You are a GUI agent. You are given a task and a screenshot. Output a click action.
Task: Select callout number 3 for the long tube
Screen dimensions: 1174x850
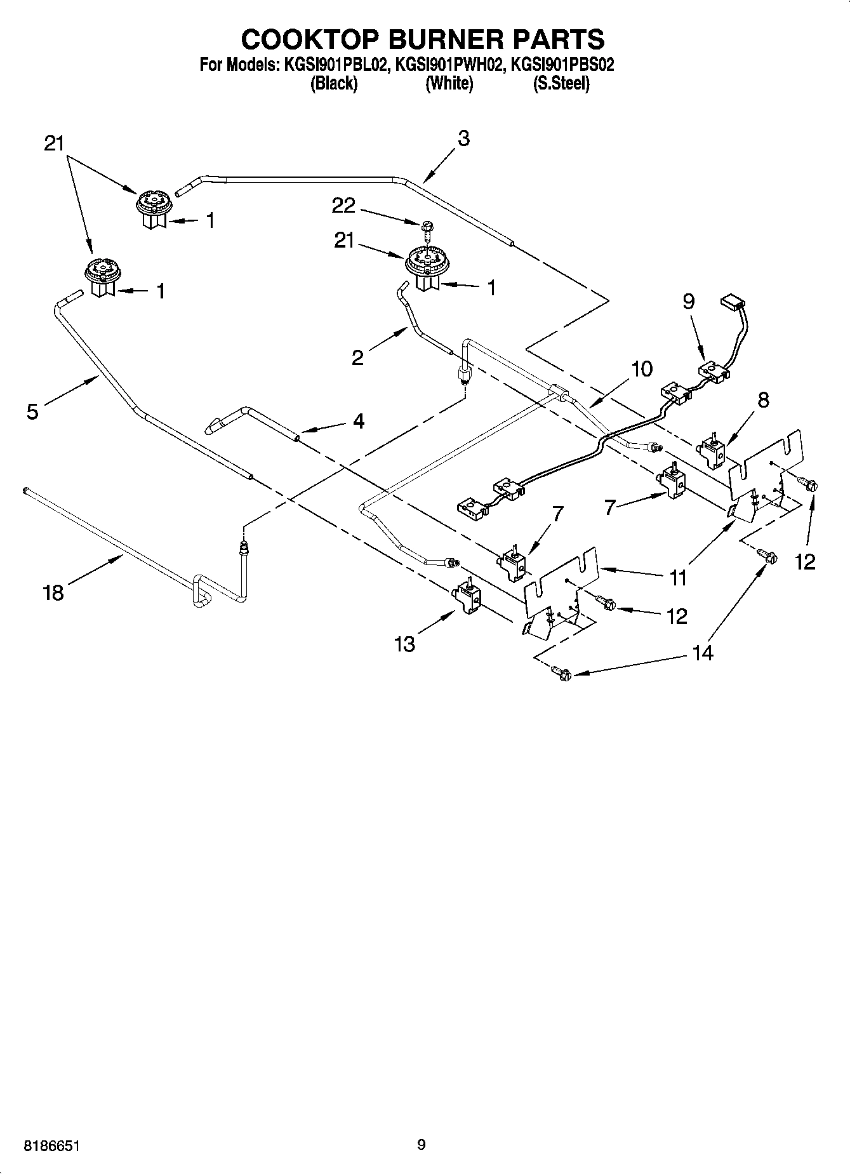click(463, 138)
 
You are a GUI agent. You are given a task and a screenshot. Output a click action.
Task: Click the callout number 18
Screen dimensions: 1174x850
click(53, 593)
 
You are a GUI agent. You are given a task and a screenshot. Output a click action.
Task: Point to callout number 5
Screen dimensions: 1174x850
click(32, 411)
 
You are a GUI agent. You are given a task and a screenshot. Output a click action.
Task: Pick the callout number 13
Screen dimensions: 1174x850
click(404, 644)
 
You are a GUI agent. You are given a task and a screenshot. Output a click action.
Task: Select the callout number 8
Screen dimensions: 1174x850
click(764, 399)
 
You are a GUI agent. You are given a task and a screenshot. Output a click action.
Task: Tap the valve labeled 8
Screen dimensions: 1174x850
click(714, 452)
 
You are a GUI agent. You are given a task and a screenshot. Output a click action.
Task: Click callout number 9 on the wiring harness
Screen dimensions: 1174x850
click(689, 301)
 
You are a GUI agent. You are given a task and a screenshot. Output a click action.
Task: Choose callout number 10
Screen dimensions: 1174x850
click(642, 368)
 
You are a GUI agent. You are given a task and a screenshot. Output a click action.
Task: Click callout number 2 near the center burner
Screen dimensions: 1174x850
click(357, 357)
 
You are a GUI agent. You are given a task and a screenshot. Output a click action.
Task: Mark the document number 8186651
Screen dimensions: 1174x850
click(52, 1146)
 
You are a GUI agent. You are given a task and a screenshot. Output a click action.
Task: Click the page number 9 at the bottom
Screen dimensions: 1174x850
click(421, 1145)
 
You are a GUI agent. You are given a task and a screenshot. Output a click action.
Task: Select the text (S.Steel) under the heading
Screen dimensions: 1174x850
click(561, 83)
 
